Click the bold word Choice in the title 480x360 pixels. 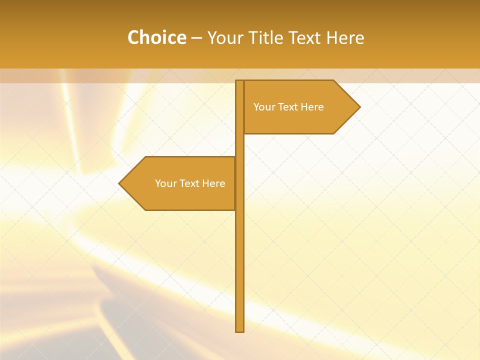click(x=156, y=37)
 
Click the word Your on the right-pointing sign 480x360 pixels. click(x=263, y=107)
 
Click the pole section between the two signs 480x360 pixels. click(x=240, y=145)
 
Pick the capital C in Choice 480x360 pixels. click(x=134, y=37)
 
